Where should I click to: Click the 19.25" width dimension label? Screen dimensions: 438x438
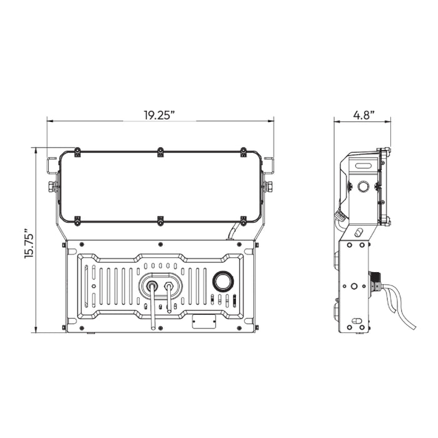click(159, 115)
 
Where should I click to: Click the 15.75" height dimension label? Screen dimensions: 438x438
click(29, 243)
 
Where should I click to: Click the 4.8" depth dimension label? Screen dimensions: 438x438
click(364, 115)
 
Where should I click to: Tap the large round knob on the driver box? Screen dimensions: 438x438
click(223, 282)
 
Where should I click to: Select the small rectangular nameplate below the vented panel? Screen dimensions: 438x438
click(204, 321)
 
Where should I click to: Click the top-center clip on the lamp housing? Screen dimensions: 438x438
click(160, 151)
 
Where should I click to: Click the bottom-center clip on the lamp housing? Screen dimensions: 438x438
click(160, 221)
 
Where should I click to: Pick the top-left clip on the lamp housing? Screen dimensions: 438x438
click(78, 151)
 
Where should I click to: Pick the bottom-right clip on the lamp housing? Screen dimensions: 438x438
click(243, 221)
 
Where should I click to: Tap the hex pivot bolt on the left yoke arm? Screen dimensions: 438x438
click(51, 186)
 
